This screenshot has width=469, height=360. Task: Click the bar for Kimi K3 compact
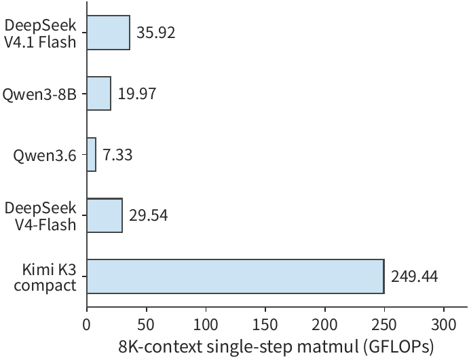[236, 276]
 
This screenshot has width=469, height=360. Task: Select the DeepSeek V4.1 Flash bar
[109, 33]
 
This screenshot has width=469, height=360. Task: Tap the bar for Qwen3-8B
[99, 93]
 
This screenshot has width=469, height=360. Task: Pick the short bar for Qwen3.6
[92, 154]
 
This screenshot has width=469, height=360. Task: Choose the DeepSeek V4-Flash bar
[105, 215]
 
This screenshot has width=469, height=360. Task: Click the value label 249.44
[414, 277]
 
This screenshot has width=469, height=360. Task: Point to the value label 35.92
[156, 33]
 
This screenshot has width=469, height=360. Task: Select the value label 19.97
[137, 94]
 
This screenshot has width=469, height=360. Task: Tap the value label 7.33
[117, 155]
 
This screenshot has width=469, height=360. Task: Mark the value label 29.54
[149, 215]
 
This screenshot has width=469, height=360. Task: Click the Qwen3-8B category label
[39, 94]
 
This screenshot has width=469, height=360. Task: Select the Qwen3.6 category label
[45, 156]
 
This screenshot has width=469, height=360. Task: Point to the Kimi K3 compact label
[45, 277]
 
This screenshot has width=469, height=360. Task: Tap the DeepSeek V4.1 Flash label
[40, 33]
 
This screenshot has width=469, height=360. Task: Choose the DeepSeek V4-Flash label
[40, 216]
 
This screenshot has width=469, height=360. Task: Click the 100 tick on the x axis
[206, 325]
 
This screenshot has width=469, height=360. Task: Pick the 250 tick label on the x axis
[384, 325]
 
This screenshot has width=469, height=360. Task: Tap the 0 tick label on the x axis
[87, 325]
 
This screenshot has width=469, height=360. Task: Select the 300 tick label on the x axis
[444, 325]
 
